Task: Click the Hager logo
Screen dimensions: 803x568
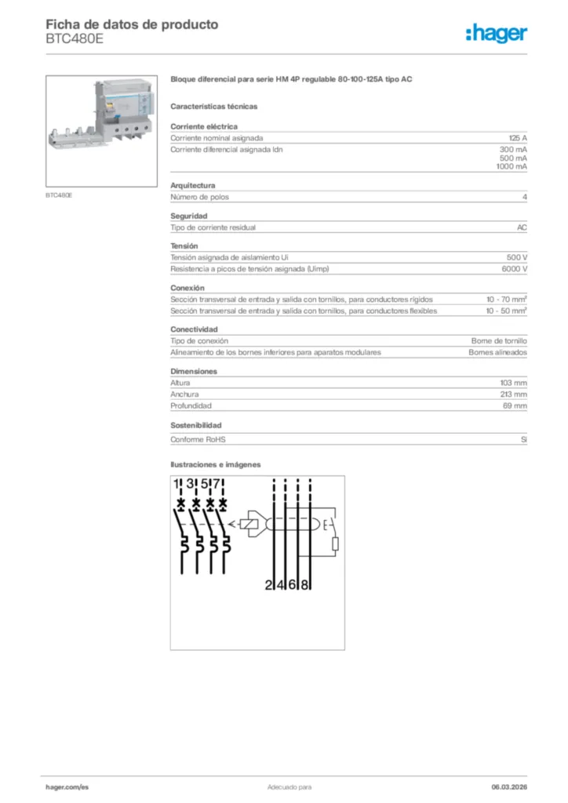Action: tap(497, 33)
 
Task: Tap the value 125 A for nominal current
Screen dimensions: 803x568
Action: tap(518, 137)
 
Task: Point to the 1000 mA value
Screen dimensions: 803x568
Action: tap(511, 167)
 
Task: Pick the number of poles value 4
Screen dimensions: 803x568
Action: tap(524, 197)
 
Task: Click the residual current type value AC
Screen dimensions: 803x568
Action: tap(522, 227)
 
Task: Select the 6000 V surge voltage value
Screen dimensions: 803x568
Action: tap(514, 269)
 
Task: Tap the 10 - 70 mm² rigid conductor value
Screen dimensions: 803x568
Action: tap(506, 300)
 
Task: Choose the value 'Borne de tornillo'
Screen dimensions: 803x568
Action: tap(499, 341)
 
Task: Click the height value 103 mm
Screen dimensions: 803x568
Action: tap(514, 383)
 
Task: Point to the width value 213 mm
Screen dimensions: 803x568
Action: tap(514, 394)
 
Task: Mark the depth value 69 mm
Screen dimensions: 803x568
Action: tap(515, 406)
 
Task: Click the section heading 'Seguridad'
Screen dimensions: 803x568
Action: tap(189, 216)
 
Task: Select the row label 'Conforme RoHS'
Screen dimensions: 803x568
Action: tap(203, 440)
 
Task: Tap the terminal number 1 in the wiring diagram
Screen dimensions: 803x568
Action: tap(177, 484)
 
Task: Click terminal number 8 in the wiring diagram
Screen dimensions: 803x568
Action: tap(306, 585)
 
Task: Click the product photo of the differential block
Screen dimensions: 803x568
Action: tap(102, 130)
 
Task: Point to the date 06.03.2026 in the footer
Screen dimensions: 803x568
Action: tap(509, 787)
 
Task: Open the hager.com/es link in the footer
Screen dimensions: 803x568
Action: tap(67, 787)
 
